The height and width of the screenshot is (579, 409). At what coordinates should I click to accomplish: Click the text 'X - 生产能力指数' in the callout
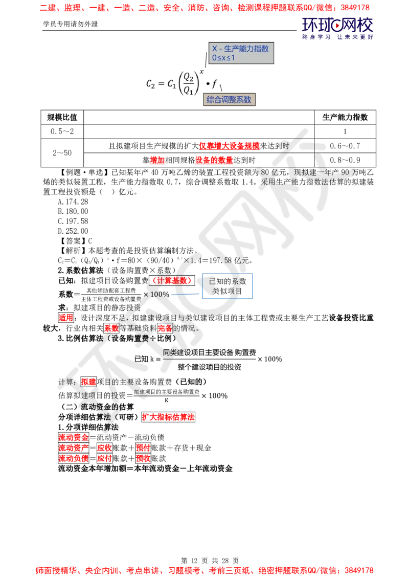tap(240, 49)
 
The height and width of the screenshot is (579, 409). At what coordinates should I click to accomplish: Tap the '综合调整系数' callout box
tap(230, 100)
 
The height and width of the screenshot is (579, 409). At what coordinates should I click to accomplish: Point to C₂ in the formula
tap(150, 84)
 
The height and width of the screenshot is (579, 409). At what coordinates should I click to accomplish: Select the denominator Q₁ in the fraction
tap(189, 91)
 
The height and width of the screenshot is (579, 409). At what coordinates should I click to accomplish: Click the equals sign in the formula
tap(161, 84)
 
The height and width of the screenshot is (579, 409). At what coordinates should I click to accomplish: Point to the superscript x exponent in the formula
tap(202, 72)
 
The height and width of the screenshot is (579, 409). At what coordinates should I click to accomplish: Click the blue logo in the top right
tap(337, 28)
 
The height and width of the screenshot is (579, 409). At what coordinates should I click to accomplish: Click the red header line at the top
tap(204, 8)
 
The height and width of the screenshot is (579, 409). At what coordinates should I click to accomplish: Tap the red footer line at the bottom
tap(204, 569)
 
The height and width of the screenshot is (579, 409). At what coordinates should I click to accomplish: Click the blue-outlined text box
tap(227, 286)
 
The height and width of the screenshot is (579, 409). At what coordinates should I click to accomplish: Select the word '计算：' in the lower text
tap(67, 382)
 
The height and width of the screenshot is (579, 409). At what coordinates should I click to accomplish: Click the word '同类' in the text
tap(171, 352)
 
